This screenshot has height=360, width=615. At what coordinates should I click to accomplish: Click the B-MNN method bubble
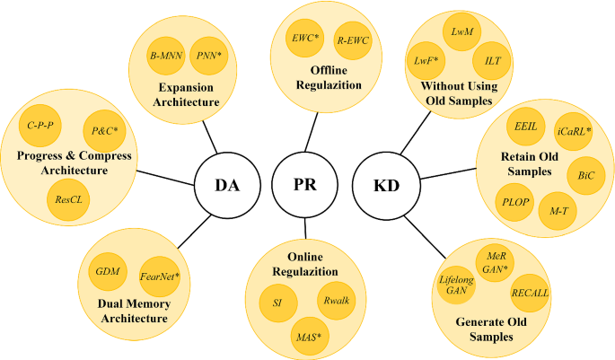(x=168, y=56)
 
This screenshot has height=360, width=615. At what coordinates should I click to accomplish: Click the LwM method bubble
(x=463, y=31)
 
